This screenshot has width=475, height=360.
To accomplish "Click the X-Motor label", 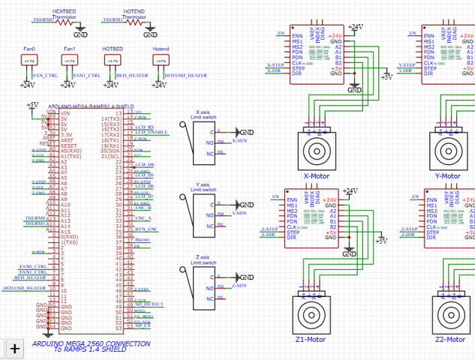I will click(317, 176).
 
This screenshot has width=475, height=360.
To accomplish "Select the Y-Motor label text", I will click(447, 176).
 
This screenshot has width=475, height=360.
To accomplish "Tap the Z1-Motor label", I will click(310, 340).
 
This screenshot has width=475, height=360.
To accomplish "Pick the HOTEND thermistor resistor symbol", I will click(134, 22).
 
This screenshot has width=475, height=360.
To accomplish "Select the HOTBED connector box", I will click(113, 61).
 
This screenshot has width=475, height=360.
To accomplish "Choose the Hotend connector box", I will click(160, 61).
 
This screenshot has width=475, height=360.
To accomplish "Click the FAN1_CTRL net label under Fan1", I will click(85, 76).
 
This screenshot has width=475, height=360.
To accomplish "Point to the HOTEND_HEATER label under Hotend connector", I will click(185, 76).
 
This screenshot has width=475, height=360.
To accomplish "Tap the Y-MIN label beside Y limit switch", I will click(239, 214).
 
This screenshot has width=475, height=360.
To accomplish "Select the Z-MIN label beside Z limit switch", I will click(239, 286).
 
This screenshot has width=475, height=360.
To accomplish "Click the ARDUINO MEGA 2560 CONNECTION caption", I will click(91, 343).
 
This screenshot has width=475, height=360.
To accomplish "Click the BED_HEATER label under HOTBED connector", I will click(132, 76).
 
